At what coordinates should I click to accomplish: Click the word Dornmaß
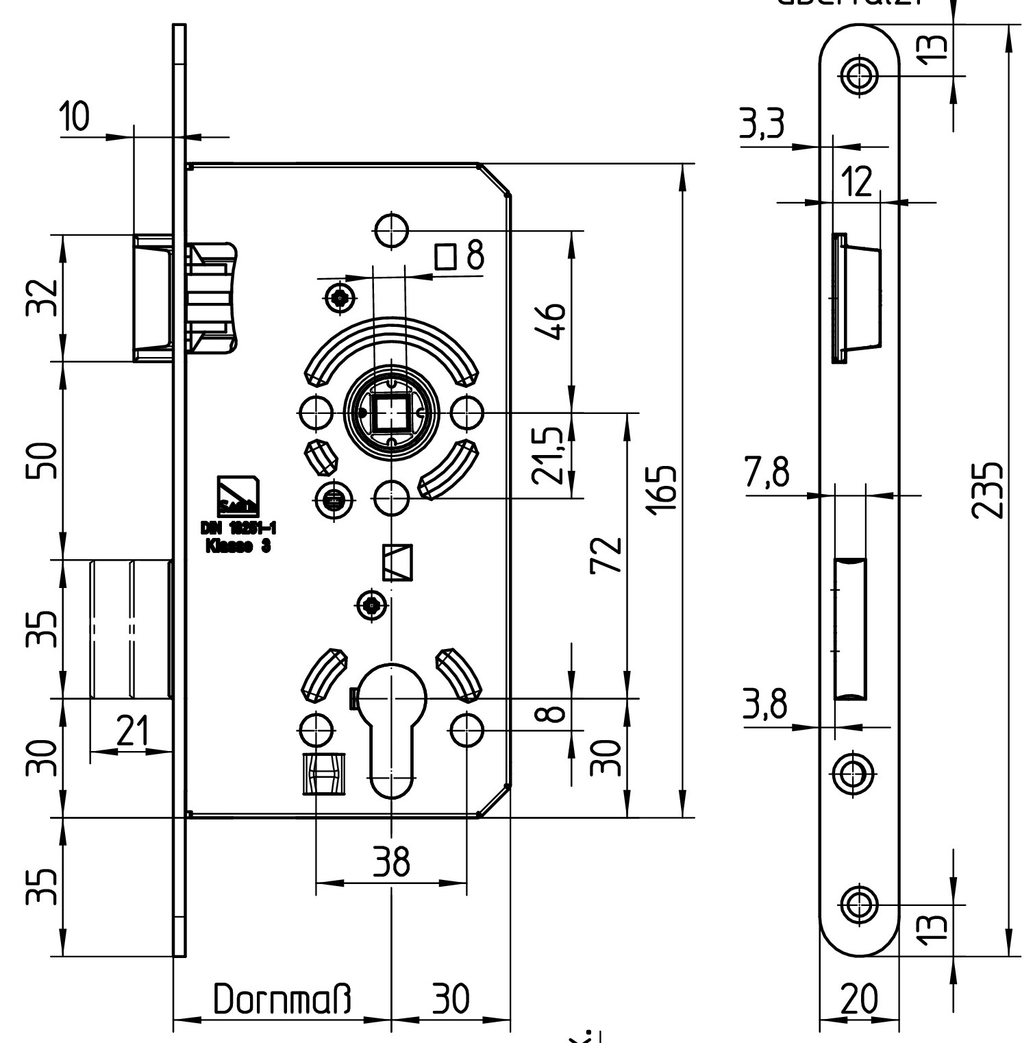tap(282, 1000)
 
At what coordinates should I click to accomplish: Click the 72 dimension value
tap(607, 556)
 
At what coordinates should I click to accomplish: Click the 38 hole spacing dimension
tap(391, 861)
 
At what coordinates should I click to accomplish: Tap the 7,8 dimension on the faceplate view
tap(767, 474)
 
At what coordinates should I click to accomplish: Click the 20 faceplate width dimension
tap(858, 999)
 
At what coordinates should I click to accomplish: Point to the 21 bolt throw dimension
tap(132, 732)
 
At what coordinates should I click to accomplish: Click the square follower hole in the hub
tap(391, 413)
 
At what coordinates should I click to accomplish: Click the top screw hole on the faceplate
tap(860, 75)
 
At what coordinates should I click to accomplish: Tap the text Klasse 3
tap(238, 547)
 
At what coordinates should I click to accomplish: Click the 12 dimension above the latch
tap(856, 182)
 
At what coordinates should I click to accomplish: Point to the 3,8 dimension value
tap(764, 705)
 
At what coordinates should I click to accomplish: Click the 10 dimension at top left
tap(74, 117)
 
